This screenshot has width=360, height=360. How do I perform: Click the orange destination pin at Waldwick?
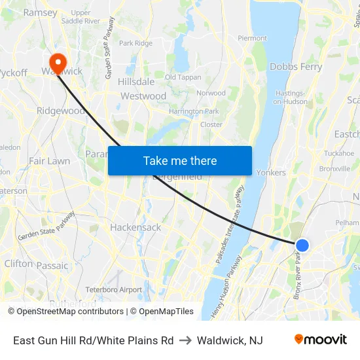tap(58, 63)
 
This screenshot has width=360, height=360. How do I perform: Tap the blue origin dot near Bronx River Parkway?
tap(302, 245)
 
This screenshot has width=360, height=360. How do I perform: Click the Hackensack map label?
tap(135, 228)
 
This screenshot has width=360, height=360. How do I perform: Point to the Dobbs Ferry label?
tap(295, 67)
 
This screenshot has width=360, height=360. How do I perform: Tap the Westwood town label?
tap(143, 96)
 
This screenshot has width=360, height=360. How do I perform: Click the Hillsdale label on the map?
tap(136, 82)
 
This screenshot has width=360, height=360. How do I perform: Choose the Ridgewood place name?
tap(60, 111)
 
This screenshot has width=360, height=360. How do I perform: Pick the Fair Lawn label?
tap(49, 160)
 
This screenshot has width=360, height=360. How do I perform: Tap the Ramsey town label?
tap(40, 12)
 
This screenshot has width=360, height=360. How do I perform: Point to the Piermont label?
tap(252, 39)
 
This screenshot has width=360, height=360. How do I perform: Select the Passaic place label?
tap(52, 266)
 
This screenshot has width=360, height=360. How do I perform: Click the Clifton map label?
tap(18, 263)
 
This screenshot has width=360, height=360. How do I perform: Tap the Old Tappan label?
tap(183, 77)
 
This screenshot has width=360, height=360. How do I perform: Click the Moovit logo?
tap(321, 340)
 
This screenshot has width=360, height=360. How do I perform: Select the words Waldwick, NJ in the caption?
tap(230, 340)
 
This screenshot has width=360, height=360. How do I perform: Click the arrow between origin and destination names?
tap(185, 340)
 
